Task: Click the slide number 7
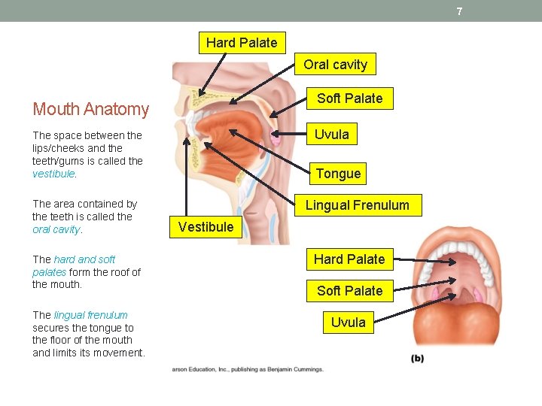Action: [x=459, y=11]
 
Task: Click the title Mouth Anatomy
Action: [x=91, y=109]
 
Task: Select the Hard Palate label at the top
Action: [x=242, y=43]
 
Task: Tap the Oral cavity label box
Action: [x=335, y=65]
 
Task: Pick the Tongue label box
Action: [x=338, y=174]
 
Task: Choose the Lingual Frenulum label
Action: [x=357, y=205]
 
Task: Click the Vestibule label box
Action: [x=206, y=227]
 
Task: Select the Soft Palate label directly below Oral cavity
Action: [x=349, y=98]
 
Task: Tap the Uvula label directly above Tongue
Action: [x=332, y=135]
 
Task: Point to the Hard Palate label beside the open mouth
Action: [x=349, y=259]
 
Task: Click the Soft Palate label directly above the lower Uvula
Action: [x=349, y=291]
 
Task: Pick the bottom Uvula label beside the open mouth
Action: [x=349, y=323]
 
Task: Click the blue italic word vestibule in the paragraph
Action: [x=53, y=174]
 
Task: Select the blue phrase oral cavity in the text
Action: [x=56, y=229]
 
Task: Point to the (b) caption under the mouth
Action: [x=417, y=358]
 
